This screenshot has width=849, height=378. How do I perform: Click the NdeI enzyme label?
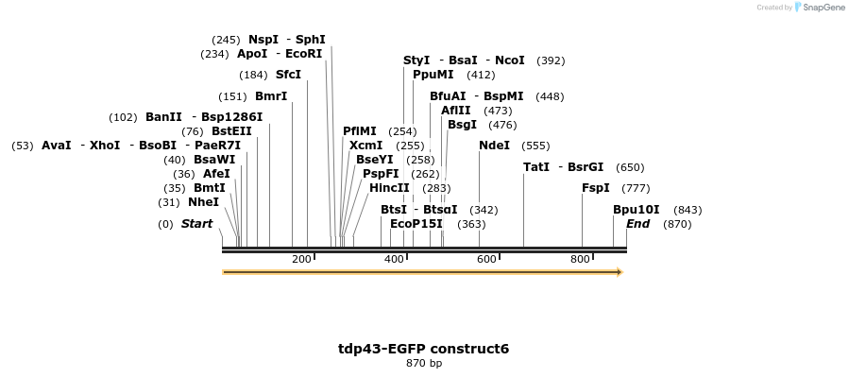pos(494,146)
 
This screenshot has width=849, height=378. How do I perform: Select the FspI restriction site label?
pos(596,188)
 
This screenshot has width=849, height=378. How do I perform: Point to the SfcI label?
pos(288,75)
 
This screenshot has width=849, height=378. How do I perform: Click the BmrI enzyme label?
pos(271,96)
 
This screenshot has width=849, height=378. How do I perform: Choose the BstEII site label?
pos(231,131)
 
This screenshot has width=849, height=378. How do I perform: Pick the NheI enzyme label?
pos(203,202)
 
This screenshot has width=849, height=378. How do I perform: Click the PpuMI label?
pos(433,75)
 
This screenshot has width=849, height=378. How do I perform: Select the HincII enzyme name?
pos(389,188)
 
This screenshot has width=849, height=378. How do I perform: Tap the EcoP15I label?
pos(416,224)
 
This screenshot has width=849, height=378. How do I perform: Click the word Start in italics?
pos(196,224)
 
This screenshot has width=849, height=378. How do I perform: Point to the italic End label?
pos(637,224)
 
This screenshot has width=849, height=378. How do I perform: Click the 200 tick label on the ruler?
pos(301,260)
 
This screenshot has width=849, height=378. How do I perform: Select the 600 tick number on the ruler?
pos(486,260)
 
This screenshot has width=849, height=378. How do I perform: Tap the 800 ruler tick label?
pos(580,260)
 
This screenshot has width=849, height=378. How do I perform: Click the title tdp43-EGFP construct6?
pos(423,349)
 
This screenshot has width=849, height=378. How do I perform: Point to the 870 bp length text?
pos(424,363)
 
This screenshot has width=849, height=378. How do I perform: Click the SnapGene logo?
pos(820,8)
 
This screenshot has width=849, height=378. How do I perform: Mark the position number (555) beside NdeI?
pos(535,146)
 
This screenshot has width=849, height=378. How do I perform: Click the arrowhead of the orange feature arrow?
pos(620,272)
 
